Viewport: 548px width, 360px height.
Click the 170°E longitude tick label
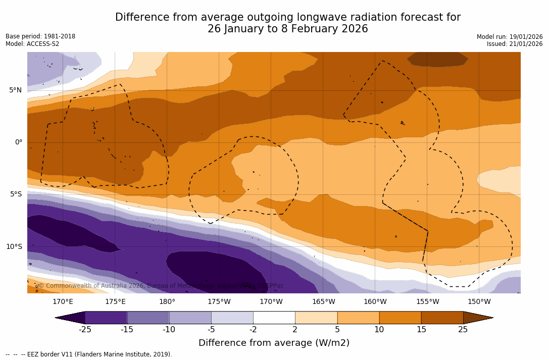pyautogui.click(x=63, y=302)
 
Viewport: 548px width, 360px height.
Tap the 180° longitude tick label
pyautogui.click(x=167, y=302)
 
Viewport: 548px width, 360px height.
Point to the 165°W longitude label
pyautogui.click(x=323, y=302)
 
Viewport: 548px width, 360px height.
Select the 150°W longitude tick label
pyautogui.click(x=479, y=302)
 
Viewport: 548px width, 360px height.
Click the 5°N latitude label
pyautogui.click(x=15, y=90)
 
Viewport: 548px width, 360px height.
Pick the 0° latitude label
pyautogui.click(x=18, y=142)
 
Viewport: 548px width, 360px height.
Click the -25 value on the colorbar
pyautogui.click(x=84, y=330)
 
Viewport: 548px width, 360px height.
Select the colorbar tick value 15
pyautogui.click(x=421, y=330)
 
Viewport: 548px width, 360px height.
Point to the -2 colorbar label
pyautogui.click(x=253, y=330)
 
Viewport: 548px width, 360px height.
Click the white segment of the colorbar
pyautogui.click(x=274, y=318)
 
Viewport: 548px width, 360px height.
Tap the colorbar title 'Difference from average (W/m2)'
pyautogui.click(x=274, y=343)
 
